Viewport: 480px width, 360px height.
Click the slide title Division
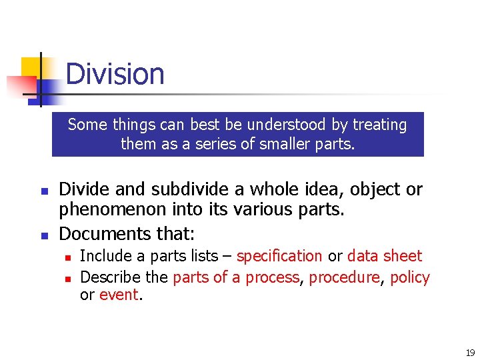115,73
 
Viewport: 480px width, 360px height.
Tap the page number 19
470,353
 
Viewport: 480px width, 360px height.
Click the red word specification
279,256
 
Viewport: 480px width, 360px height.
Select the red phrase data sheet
385,256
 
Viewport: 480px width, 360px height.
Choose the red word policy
410,277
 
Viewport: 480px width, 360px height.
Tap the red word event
119,295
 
